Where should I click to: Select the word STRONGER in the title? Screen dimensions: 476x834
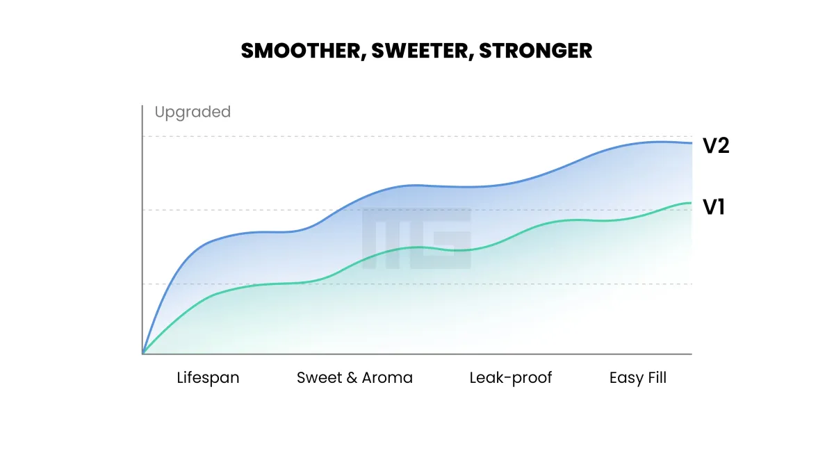coord(535,51)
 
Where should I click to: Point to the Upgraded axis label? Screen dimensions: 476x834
coord(193,112)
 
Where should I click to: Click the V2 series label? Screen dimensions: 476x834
coord(716,146)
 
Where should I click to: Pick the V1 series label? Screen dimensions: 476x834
coord(714,206)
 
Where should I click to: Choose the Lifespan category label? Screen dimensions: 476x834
coord(208,378)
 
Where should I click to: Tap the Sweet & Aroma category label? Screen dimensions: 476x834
coord(354,378)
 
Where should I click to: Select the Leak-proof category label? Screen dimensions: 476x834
coord(511,378)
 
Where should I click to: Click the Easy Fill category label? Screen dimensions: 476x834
coord(638,378)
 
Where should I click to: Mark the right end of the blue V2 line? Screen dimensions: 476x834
coord(691,143)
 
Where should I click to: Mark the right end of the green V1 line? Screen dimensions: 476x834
coord(691,203)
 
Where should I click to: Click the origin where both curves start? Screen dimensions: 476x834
coord(143,354)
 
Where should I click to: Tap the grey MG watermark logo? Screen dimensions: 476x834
coord(417,238)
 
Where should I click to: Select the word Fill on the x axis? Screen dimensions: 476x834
coord(655,378)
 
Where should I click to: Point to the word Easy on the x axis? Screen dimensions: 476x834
coord(625,379)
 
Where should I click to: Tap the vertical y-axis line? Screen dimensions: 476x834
coord(142,229)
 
